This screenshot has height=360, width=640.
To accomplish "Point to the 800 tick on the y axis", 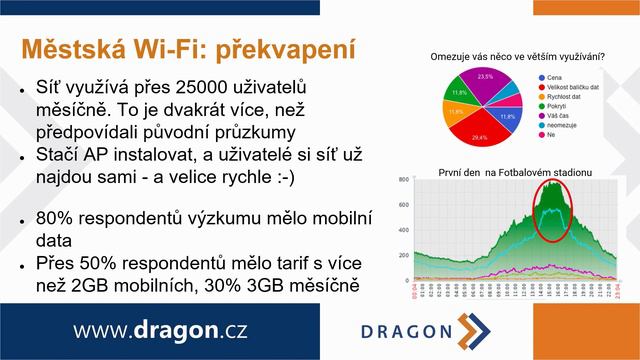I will click(404, 181).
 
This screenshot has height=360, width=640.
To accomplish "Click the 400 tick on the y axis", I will click(404, 230).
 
